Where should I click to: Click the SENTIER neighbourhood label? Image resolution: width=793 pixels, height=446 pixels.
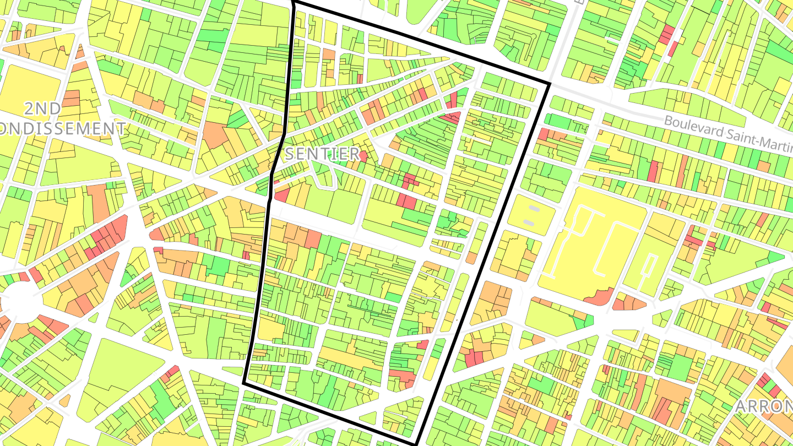click(x=322, y=154)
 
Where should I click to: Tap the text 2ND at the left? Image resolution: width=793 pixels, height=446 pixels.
click(x=43, y=108)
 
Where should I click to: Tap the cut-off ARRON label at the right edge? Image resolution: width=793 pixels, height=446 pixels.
click(x=764, y=406)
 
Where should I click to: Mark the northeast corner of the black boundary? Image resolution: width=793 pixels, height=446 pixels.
click(x=550, y=84)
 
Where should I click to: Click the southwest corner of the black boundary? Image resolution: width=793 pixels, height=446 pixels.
click(x=244, y=383)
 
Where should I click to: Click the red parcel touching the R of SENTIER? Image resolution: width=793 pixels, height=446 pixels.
click(x=363, y=156)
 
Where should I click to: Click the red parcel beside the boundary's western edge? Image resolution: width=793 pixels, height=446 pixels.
click(x=282, y=194)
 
